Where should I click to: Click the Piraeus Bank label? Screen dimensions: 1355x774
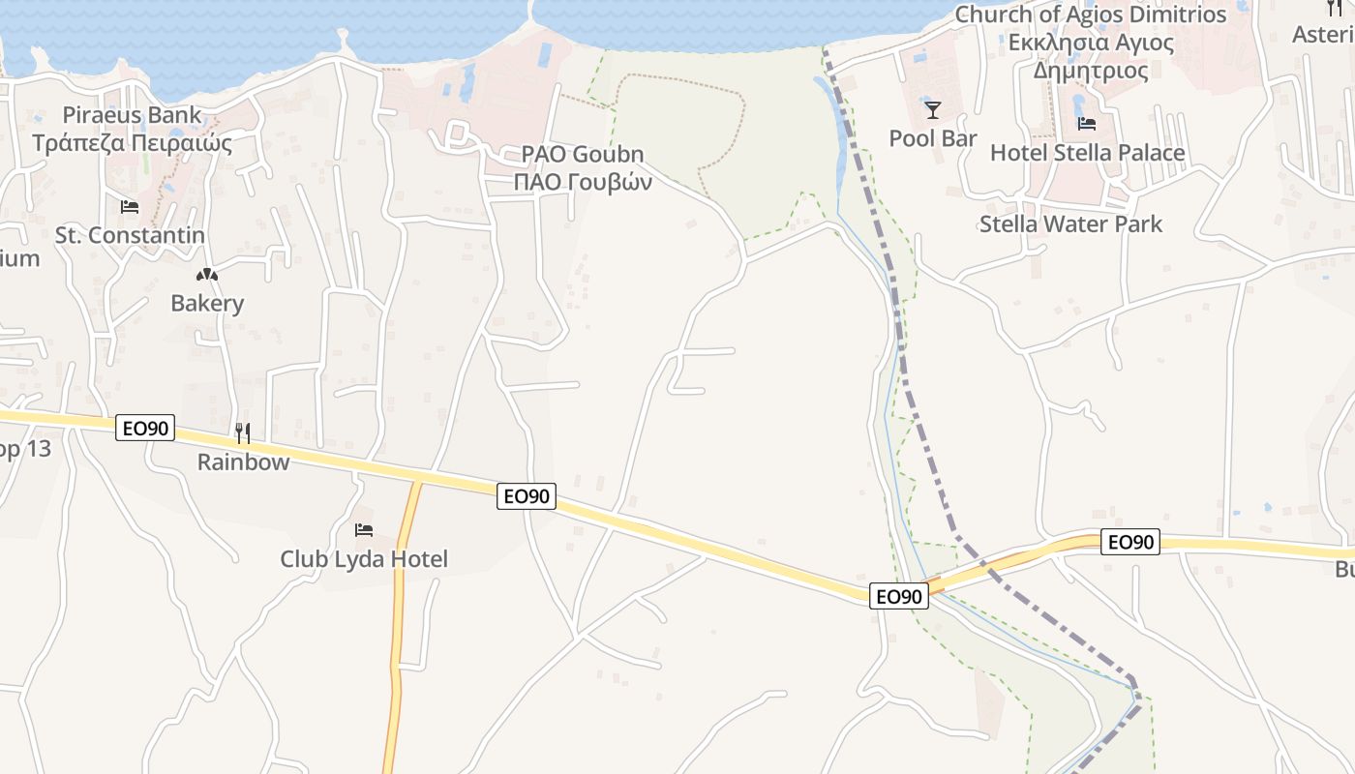[133, 115]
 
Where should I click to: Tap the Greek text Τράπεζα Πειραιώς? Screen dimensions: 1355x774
[133, 143]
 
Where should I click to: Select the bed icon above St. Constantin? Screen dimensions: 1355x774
[129, 207]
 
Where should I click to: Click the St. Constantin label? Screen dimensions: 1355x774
[130, 235]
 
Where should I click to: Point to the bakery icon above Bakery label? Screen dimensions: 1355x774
[207, 276]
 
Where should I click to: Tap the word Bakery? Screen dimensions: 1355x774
[207, 303]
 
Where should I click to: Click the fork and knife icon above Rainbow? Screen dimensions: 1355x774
[243, 432]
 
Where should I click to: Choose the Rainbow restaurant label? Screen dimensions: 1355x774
[243, 461]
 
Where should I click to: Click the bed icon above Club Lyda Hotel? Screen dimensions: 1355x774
[364, 530]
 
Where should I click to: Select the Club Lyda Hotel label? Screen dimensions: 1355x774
[364, 559]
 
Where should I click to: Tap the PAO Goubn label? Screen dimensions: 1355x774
[583, 154]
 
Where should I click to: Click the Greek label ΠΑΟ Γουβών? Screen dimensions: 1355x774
[583, 182]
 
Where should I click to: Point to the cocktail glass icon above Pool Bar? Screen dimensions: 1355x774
[933, 109]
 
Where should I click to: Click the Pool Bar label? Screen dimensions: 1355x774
[933, 138]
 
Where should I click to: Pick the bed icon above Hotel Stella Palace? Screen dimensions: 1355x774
[1087, 124]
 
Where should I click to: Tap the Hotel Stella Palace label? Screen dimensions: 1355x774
[1087, 153]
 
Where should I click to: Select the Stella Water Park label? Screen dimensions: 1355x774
[1070, 224]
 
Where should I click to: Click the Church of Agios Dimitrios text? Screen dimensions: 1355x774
[1091, 15]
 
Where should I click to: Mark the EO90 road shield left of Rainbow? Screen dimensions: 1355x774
[145, 428]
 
